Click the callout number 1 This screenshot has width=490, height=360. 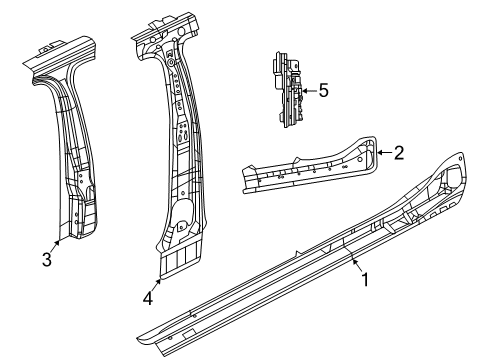click(x=365, y=280)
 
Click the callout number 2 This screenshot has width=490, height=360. click(x=398, y=153)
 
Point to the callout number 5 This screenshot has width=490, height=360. click(x=322, y=91)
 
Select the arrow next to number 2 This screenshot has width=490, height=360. click(x=385, y=153)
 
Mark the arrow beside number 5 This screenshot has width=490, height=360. click(x=308, y=91)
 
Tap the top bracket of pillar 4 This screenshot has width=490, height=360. click(x=155, y=30)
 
